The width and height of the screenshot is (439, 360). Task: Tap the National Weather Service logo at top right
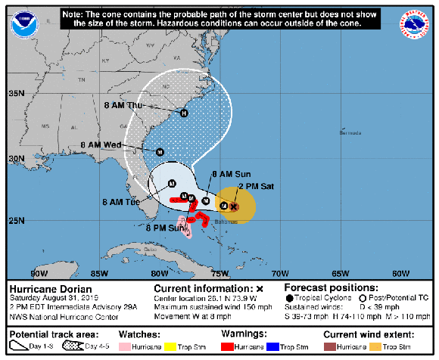coord(415,23)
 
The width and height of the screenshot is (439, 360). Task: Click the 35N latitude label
coord(15,94)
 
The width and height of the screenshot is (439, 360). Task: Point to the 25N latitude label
coord(15,221)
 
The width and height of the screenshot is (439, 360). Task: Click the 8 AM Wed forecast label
coord(101,144)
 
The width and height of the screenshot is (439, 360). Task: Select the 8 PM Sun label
coord(167,227)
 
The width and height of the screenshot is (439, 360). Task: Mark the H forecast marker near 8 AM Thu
coord(183,113)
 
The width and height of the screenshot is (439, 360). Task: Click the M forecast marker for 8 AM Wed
coord(160,152)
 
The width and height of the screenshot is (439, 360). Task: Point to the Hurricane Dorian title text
coord(50,289)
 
